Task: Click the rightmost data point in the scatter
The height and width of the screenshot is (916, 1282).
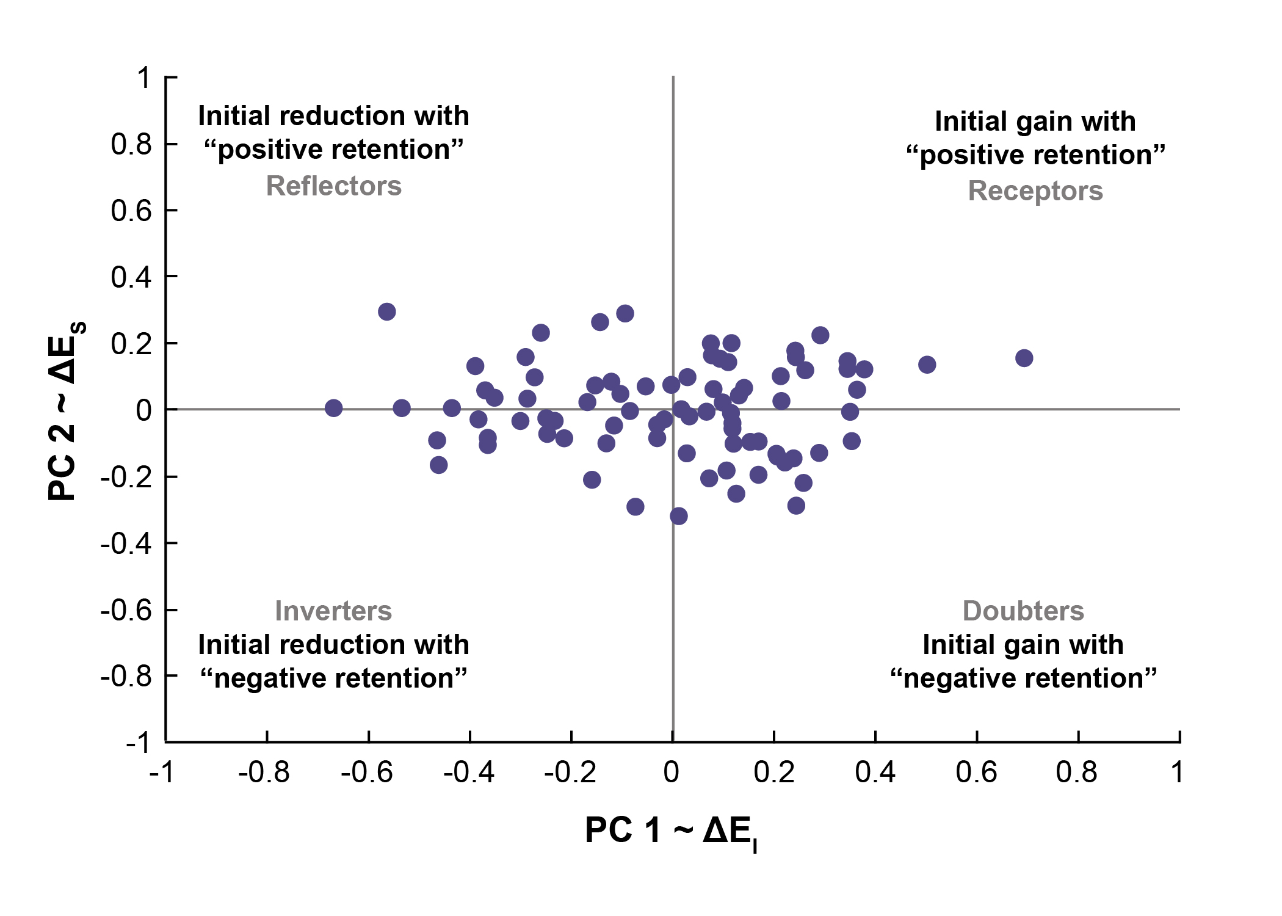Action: click(x=1024, y=358)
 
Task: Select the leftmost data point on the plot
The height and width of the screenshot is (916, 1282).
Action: click(x=333, y=408)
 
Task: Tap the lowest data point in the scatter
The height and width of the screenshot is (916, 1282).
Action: click(x=678, y=516)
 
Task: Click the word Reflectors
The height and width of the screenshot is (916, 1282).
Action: click(x=334, y=186)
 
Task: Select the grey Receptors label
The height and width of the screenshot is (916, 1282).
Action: click(x=1035, y=191)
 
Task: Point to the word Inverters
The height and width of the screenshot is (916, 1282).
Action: click(x=333, y=611)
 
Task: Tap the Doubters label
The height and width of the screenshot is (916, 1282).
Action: click(x=1023, y=611)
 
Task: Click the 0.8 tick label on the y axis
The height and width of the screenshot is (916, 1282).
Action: click(x=131, y=145)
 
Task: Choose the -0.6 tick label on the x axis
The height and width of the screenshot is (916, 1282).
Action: click(x=367, y=772)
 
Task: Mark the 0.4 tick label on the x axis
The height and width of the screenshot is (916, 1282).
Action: click(x=875, y=772)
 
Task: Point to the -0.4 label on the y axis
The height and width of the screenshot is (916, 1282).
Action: click(x=126, y=543)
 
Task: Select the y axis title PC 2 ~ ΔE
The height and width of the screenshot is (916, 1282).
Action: click(x=65, y=410)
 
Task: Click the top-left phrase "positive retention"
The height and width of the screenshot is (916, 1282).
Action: click(x=334, y=150)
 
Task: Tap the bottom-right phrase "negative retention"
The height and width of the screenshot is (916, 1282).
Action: click(x=1023, y=678)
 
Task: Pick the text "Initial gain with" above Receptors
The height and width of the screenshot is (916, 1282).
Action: click(x=1035, y=122)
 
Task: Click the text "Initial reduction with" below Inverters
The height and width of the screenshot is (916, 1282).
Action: click(x=334, y=645)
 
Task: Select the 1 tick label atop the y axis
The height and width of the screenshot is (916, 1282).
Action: click(x=143, y=78)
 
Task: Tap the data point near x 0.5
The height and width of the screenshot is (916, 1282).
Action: click(x=927, y=365)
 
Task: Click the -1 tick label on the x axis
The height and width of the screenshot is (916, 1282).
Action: click(x=162, y=772)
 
